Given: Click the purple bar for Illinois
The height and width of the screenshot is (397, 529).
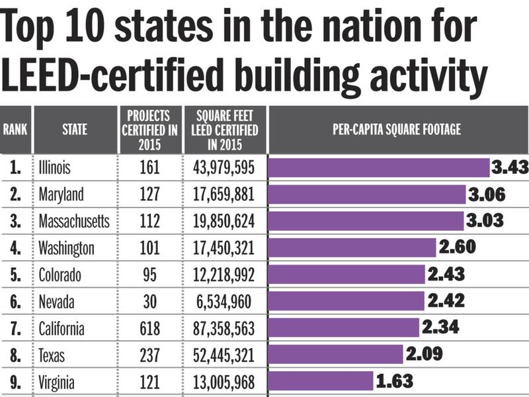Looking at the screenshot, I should (378, 167).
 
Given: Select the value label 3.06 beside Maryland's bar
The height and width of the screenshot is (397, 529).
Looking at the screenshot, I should (486, 195).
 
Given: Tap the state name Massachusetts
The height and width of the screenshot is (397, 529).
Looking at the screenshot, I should (74, 221).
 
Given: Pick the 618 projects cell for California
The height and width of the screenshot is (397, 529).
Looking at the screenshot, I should (149, 328).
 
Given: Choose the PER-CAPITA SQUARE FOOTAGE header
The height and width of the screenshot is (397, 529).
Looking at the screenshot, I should (397, 130).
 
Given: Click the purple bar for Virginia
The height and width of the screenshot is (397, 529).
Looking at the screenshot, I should (321, 381).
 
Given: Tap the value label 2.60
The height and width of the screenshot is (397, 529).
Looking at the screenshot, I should (457, 247).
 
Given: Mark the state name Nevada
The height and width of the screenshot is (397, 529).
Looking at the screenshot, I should (58, 301).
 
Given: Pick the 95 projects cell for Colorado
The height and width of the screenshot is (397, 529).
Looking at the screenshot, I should (149, 274).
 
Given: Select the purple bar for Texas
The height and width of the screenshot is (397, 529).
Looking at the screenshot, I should (335, 354).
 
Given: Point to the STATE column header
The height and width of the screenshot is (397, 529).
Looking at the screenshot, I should (75, 130).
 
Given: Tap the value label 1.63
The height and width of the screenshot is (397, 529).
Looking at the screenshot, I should (395, 381).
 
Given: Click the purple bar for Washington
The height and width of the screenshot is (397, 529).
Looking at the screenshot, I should (352, 247).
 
